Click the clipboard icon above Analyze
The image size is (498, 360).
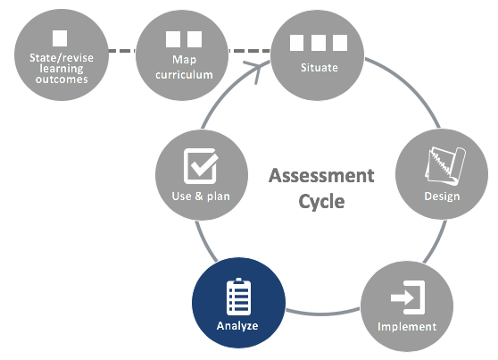point(238,297)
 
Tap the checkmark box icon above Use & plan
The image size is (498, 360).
point(201,166)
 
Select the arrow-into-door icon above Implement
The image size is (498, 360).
point(408,297)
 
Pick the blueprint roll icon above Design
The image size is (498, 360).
point(445,165)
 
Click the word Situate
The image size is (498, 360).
point(320,67)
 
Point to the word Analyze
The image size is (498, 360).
point(237,326)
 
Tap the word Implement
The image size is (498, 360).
point(407,327)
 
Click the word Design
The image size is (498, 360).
point(442,197)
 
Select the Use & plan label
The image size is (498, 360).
point(201,196)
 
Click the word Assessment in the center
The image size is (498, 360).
point(321,176)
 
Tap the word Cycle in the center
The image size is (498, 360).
point(321,201)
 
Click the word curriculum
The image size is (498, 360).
point(184,75)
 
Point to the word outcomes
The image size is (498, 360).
point(62,80)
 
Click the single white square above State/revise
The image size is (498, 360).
point(60,38)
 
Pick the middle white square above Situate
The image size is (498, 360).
point(319,43)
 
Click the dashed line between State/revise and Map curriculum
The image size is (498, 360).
point(122,51)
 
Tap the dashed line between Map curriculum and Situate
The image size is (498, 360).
point(249,51)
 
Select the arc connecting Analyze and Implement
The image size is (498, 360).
point(323,313)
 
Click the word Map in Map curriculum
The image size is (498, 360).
point(184,60)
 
